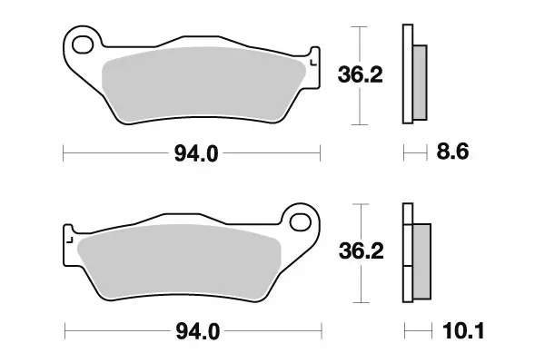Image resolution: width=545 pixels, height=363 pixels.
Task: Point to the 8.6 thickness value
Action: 452,154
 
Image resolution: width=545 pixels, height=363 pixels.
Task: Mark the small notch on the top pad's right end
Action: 313,61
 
